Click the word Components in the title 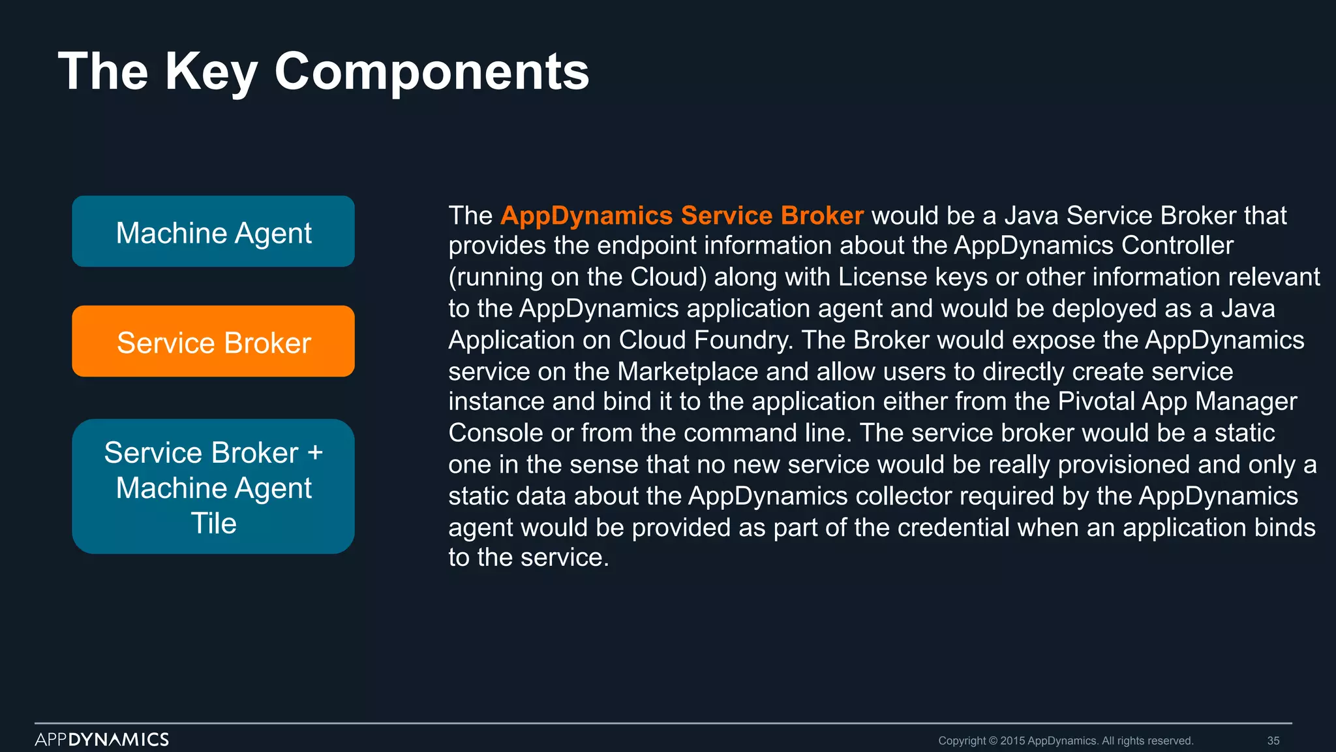point(432,71)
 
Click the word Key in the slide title point(210,71)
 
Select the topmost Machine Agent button point(213,232)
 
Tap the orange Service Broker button point(213,341)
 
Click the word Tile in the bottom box point(213,523)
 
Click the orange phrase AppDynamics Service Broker point(682,215)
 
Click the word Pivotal point(1096,401)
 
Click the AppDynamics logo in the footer point(102,740)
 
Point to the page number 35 point(1273,741)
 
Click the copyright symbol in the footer point(994,741)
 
